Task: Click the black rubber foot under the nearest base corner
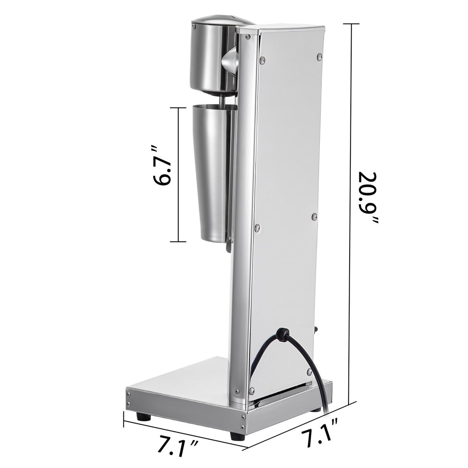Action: [x=235, y=436]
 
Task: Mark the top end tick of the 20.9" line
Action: [x=350, y=24]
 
